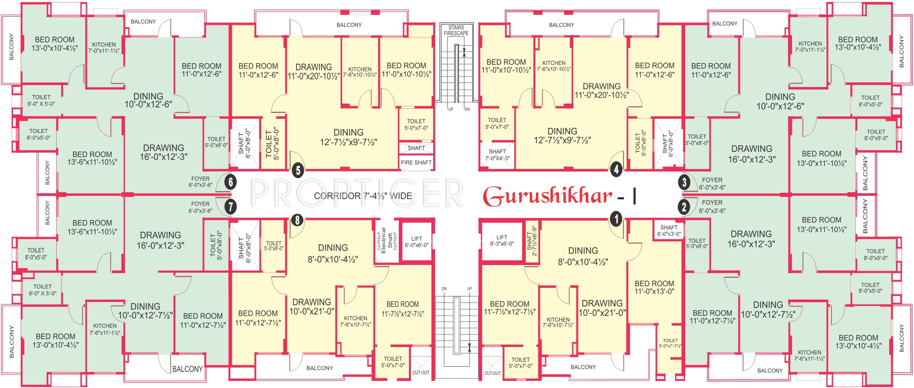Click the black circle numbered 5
298,170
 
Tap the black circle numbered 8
297,220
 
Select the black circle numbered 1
615,219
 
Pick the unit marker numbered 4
616,169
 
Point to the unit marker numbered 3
684,182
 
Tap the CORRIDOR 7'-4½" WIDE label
362,196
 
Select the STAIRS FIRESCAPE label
456,30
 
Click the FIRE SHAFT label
416,162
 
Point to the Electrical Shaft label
386,240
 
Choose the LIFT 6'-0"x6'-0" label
417,242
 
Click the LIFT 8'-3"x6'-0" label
502,240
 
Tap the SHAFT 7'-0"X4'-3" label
497,155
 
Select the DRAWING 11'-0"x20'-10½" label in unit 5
313,72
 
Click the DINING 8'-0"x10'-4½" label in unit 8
333,253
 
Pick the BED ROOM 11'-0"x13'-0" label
654,287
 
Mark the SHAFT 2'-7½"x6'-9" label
531,241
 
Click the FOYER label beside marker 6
200,182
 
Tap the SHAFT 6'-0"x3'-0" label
669,231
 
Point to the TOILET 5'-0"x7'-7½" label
670,343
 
